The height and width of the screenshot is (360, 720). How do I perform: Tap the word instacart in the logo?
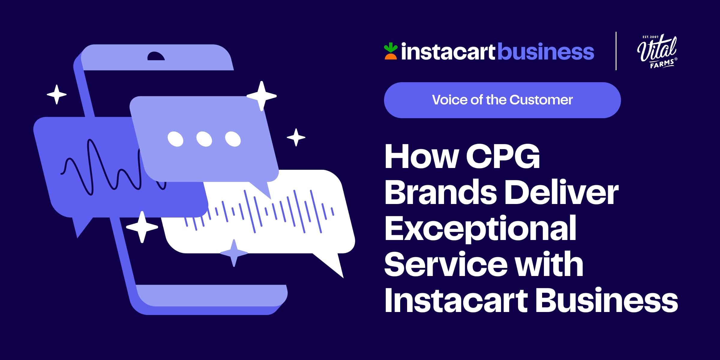[448, 52]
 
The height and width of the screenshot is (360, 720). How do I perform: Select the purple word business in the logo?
[546, 51]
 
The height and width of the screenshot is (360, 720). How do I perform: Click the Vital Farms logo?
[657, 51]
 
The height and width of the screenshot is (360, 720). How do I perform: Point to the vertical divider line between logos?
[616, 51]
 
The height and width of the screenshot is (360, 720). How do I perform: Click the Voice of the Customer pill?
[502, 100]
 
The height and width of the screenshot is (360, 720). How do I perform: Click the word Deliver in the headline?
[562, 192]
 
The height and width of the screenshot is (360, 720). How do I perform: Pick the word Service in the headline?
[446, 264]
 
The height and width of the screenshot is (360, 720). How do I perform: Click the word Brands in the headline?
[441, 192]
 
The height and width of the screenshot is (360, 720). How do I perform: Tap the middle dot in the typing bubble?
[204, 139]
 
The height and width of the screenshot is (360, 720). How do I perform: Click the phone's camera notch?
[156, 56]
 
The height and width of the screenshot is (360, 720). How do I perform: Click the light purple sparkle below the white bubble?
[234, 253]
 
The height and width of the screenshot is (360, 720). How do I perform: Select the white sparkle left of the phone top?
[57, 94]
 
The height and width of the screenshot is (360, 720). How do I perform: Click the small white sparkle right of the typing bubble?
[296, 137]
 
